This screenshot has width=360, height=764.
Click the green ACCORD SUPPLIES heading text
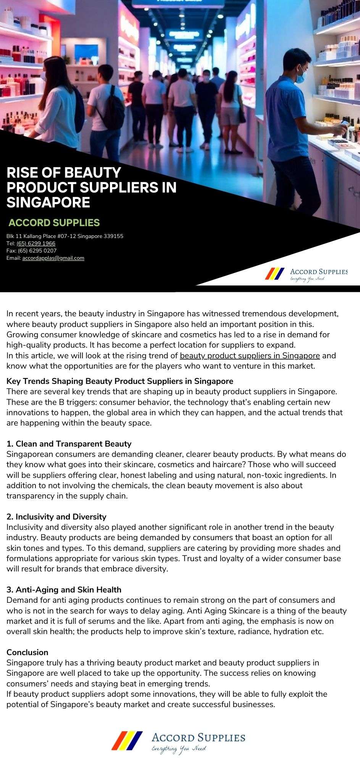tap(54, 223)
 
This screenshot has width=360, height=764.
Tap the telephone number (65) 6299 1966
tap(36, 243)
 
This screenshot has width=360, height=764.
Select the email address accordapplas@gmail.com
tap(53, 258)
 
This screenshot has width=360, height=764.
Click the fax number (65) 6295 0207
tap(37, 251)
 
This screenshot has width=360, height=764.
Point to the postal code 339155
tap(114, 236)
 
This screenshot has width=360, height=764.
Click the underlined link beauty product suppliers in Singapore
tap(250, 356)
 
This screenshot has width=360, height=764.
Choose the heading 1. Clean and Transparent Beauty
tap(69, 444)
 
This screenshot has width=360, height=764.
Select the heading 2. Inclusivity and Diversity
tap(56, 517)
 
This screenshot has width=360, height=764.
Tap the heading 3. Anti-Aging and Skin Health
tap(64, 590)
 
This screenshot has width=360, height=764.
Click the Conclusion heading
tap(27, 652)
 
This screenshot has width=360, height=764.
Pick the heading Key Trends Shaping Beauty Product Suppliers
tap(119, 381)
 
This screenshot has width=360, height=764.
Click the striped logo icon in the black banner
tap(275, 274)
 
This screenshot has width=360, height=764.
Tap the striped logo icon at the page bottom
tap(127, 741)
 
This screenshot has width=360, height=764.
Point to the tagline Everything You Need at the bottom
tap(179, 749)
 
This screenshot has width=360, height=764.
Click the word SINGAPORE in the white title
tap(48, 202)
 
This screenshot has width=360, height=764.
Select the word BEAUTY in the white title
tap(92, 173)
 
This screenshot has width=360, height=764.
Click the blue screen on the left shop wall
tap(86, 54)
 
